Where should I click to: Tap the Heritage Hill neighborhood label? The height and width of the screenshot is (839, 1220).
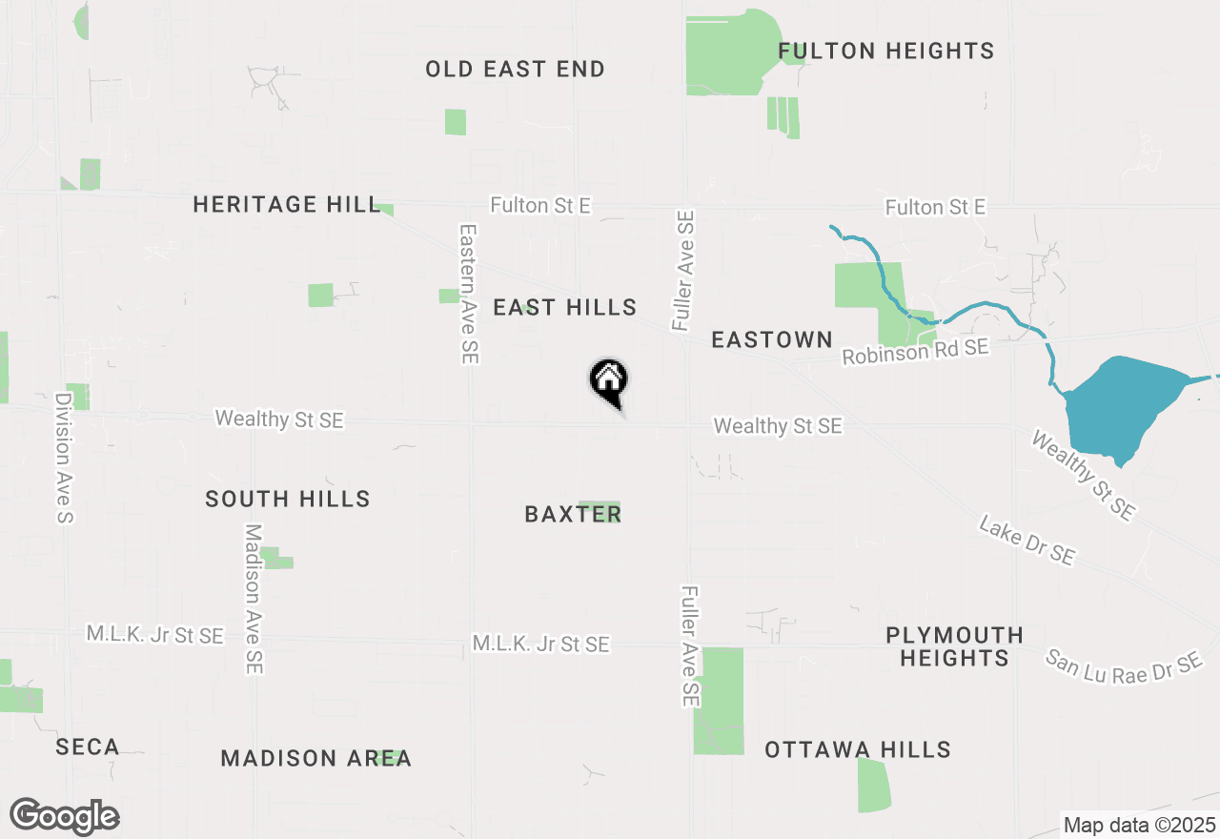[x=286, y=204]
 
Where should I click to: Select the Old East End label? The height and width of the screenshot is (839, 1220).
[x=515, y=69]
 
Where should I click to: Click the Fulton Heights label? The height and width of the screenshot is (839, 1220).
[x=885, y=51]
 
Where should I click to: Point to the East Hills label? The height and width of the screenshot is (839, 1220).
[x=565, y=307]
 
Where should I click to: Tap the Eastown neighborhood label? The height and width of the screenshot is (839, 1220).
[x=772, y=339]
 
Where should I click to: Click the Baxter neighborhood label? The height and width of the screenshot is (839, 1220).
[x=573, y=514]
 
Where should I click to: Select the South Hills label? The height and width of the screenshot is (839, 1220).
[x=288, y=499]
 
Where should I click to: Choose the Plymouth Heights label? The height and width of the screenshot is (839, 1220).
[x=954, y=646]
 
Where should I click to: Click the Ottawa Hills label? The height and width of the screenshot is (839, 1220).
[x=858, y=750]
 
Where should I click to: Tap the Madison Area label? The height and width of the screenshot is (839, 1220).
[x=316, y=758]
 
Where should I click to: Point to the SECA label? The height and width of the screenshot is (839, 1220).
[x=88, y=747]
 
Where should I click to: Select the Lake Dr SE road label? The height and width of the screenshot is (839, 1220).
[x=1027, y=541]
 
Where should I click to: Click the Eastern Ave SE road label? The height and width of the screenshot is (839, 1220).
[x=468, y=294]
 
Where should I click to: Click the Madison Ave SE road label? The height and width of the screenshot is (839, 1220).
[x=253, y=599]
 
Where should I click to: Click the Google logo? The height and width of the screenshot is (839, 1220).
[x=65, y=816]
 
